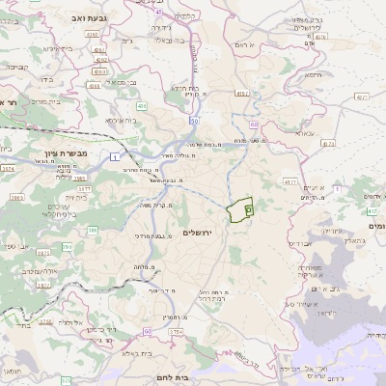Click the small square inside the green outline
click(x=248, y=207)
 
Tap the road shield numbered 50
click(x=194, y=122)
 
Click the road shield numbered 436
click(x=142, y=106)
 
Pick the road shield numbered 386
click(x=92, y=230)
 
